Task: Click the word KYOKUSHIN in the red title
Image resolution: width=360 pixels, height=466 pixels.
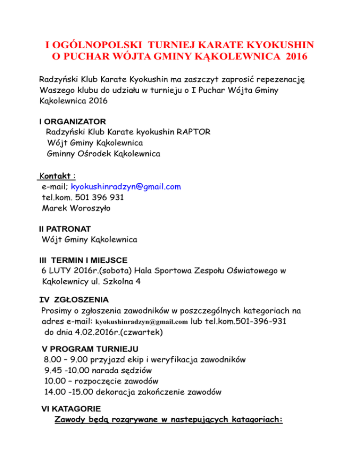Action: point(277,45)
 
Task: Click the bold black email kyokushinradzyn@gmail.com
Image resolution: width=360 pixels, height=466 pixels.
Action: point(141,323)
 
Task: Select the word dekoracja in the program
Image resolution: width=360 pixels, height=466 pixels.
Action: point(118,391)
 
